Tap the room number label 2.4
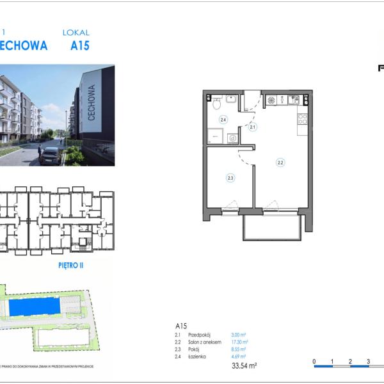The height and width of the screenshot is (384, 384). (223, 120)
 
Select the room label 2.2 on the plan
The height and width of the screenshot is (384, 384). (280, 163)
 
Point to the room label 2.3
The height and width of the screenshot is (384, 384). (230, 179)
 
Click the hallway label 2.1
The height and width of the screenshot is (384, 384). (253, 127)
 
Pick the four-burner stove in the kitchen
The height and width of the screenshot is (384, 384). (302, 118)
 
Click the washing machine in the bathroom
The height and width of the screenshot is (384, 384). (233, 138)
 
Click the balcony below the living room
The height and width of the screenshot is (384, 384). (272, 227)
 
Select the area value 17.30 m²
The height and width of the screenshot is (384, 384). (239, 342)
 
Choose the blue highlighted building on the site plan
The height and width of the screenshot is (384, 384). (36, 307)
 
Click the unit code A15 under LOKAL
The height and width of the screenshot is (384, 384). (79, 45)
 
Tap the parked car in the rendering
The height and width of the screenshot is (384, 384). (50, 155)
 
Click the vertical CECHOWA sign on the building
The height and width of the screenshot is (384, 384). (92, 99)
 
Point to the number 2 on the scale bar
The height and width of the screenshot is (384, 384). (350, 362)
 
